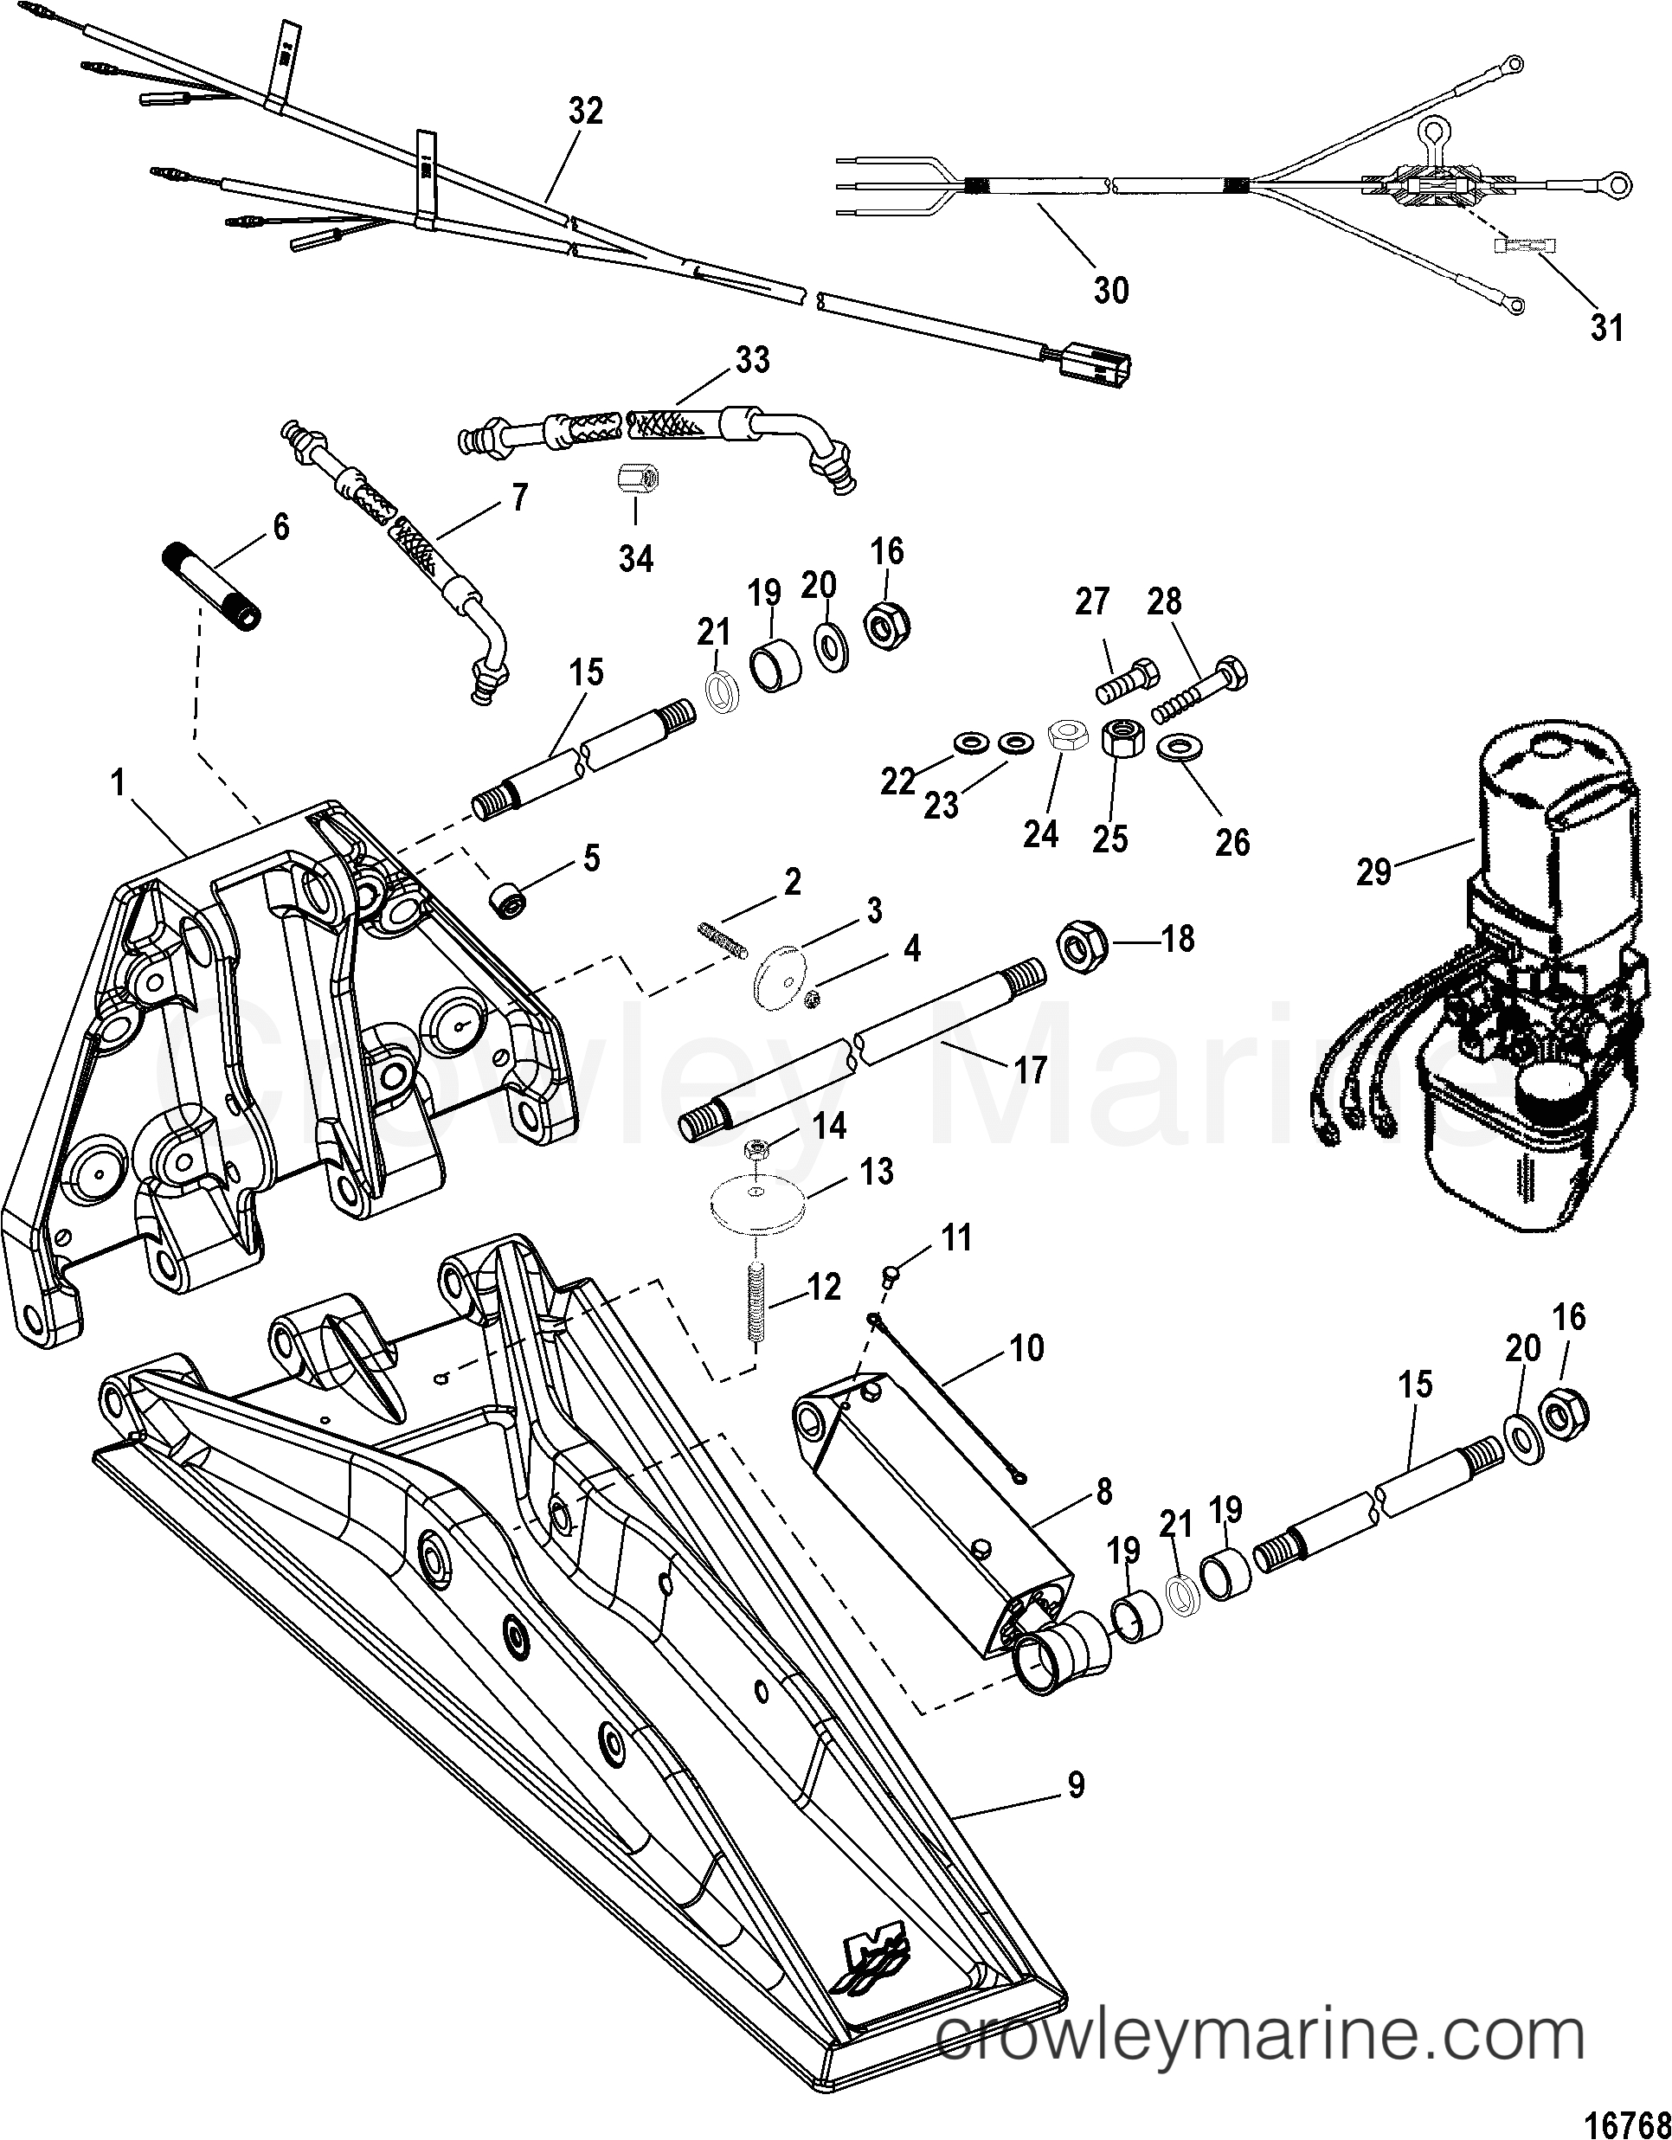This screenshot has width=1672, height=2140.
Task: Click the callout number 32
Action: pos(586,112)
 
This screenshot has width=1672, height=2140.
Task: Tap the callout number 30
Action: pos(1110,290)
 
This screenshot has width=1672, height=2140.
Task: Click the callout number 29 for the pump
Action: pos(1373,871)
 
